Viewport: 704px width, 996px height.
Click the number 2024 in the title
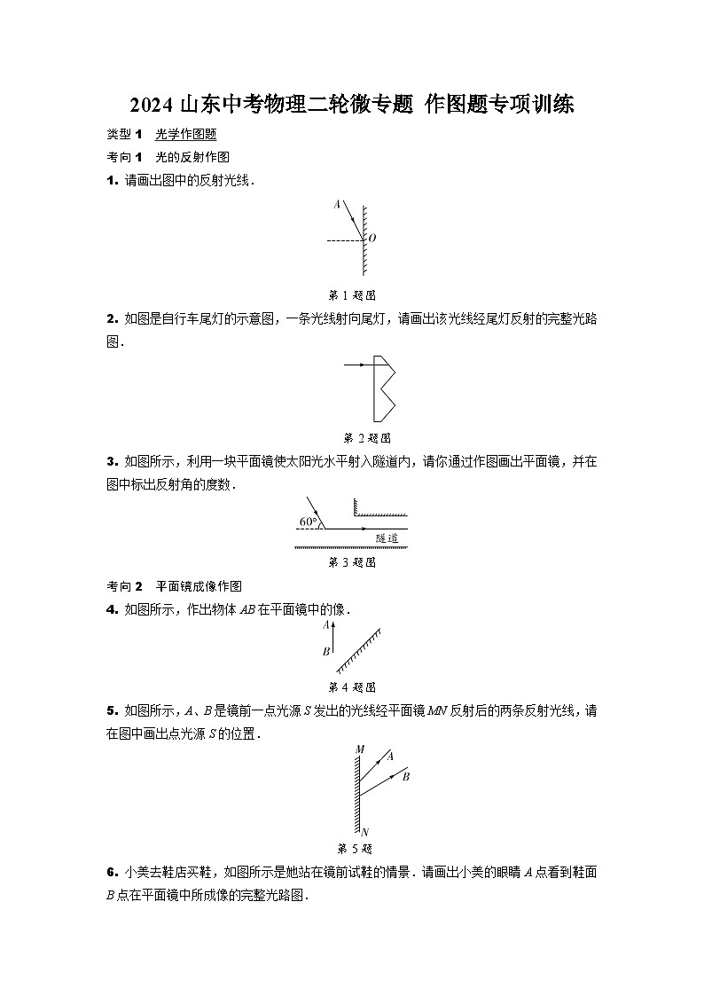[152, 106]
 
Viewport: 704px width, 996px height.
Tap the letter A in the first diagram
[337, 205]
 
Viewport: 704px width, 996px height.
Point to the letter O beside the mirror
[372, 239]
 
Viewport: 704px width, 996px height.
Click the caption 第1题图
[352, 295]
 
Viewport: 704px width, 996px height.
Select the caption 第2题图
[366, 437]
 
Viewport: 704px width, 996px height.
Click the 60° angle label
[309, 522]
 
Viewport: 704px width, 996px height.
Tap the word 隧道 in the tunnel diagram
[387, 537]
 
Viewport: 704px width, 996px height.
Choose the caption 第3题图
[352, 562]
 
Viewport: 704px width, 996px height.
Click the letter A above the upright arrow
[326, 624]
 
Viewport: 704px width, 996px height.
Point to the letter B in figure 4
[326, 652]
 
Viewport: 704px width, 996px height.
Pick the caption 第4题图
[352, 687]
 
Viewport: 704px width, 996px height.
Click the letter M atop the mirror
[360, 750]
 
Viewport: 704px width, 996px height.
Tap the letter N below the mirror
[364, 832]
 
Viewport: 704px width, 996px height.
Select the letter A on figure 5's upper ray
[390, 757]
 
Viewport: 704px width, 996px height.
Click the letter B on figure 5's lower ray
[405, 777]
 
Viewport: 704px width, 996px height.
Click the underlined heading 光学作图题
[186, 134]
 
